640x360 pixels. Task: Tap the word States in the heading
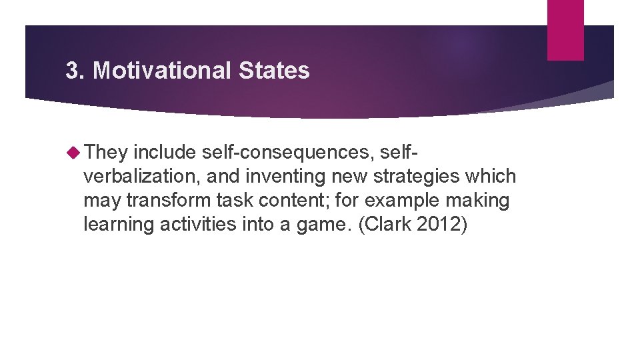pyautogui.click(x=279, y=71)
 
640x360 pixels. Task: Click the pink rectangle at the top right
pyautogui.click(x=565, y=30)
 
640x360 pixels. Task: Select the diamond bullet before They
pyautogui.click(x=74, y=153)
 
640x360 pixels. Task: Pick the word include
pyautogui.click(x=164, y=153)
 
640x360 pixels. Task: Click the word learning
pyautogui.click(x=119, y=225)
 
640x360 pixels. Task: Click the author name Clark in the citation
pyautogui.click(x=389, y=225)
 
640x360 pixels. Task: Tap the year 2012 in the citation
pyautogui.click(x=441, y=225)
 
